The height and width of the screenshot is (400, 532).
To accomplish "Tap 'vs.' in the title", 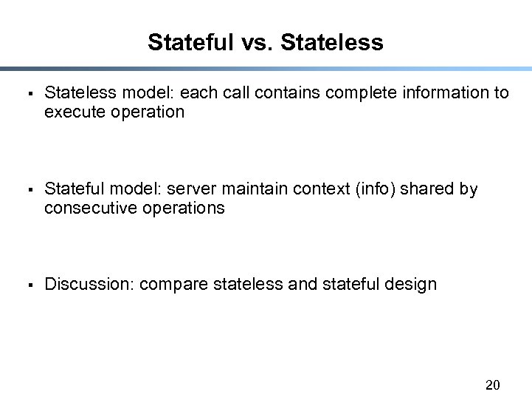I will pyautogui.click(x=258, y=42).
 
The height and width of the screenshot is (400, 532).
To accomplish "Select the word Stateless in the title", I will pyautogui.click(x=332, y=42).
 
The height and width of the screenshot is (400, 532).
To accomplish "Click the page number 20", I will pyautogui.click(x=493, y=384).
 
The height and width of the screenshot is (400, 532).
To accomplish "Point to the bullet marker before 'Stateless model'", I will pyautogui.click(x=27, y=94).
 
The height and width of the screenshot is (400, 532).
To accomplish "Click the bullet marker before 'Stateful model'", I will pyautogui.click(x=27, y=190).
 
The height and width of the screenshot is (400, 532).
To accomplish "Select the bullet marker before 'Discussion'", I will pyautogui.click(x=27, y=285).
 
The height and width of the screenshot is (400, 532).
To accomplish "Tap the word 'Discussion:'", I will pyautogui.click(x=89, y=284).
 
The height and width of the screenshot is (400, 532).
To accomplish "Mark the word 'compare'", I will pyautogui.click(x=173, y=285).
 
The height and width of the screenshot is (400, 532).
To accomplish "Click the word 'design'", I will pyautogui.click(x=410, y=285).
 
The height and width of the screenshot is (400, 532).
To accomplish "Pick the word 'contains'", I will pyautogui.click(x=292, y=92).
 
